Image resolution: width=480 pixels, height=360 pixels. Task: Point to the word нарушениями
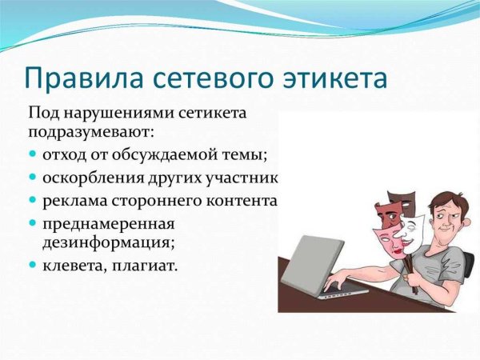pyautogui.click(x=114, y=114)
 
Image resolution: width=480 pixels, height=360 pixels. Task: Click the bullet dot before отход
pyautogui.click(x=33, y=153)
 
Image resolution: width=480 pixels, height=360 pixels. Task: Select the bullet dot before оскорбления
pyautogui.click(x=33, y=175)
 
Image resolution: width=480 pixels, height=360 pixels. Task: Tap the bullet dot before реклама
pyautogui.click(x=33, y=197)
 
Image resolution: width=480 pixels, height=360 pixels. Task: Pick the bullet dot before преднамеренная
pyautogui.click(x=33, y=219)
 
